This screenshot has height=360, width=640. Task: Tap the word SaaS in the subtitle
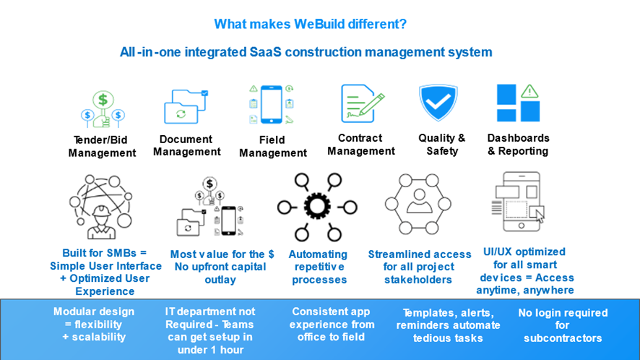click(x=265, y=52)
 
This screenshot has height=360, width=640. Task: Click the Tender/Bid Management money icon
click(x=103, y=108)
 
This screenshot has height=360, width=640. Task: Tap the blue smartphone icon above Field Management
click(x=272, y=104)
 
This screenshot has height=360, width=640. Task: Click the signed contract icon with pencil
click(x=362, y=103)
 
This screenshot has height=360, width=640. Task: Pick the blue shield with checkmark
click(x=438, y=102)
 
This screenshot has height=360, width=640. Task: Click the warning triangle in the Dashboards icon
click(x=529, y=91)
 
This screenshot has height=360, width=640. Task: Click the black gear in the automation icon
click(x=317, y=206)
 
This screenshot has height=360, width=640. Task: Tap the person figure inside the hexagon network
click(x=419, y=201)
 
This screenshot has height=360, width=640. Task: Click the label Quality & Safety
click(x=442, y=145)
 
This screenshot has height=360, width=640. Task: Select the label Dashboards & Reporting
click(x=519, y=145)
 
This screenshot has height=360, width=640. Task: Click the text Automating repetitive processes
click(x=319, y=267)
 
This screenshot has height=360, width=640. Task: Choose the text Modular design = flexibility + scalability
click(x=95, y=325)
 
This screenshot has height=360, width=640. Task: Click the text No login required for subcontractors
click(x=563, y=325)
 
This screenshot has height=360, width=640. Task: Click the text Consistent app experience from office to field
click(x=332, y=325)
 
